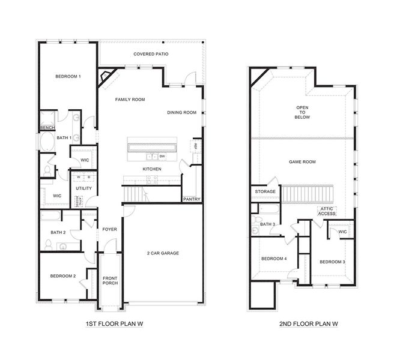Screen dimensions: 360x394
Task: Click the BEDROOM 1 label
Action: click(x=68, y=76)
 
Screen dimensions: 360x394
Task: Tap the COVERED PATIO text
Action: click(x=151, y=54)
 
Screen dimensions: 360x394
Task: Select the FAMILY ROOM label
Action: click(x=130, y=100)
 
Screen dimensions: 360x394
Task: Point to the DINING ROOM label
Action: click(x=182, y=112)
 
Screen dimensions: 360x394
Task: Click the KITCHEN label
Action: click(x=151, y=169)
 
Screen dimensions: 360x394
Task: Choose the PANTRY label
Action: click(x=192, y=199)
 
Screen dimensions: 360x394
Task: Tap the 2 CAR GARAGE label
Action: click(x=162, y=253)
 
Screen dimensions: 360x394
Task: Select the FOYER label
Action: click(x=109, y=229)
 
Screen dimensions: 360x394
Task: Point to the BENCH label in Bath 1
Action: click(x=47, y=128)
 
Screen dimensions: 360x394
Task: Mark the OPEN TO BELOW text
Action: click(x=302, y=113)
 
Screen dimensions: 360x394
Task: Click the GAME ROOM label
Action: click(x=302, y=161)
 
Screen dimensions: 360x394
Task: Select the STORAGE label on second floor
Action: click(x=265, y=191)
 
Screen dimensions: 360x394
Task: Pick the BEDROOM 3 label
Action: click(x=332, y=262)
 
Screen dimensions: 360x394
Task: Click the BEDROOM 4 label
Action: click(x=273, y=259)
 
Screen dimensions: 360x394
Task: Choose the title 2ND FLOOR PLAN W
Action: click(x=308, y=323)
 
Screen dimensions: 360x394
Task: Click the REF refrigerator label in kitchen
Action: click(x=195, y=145)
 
